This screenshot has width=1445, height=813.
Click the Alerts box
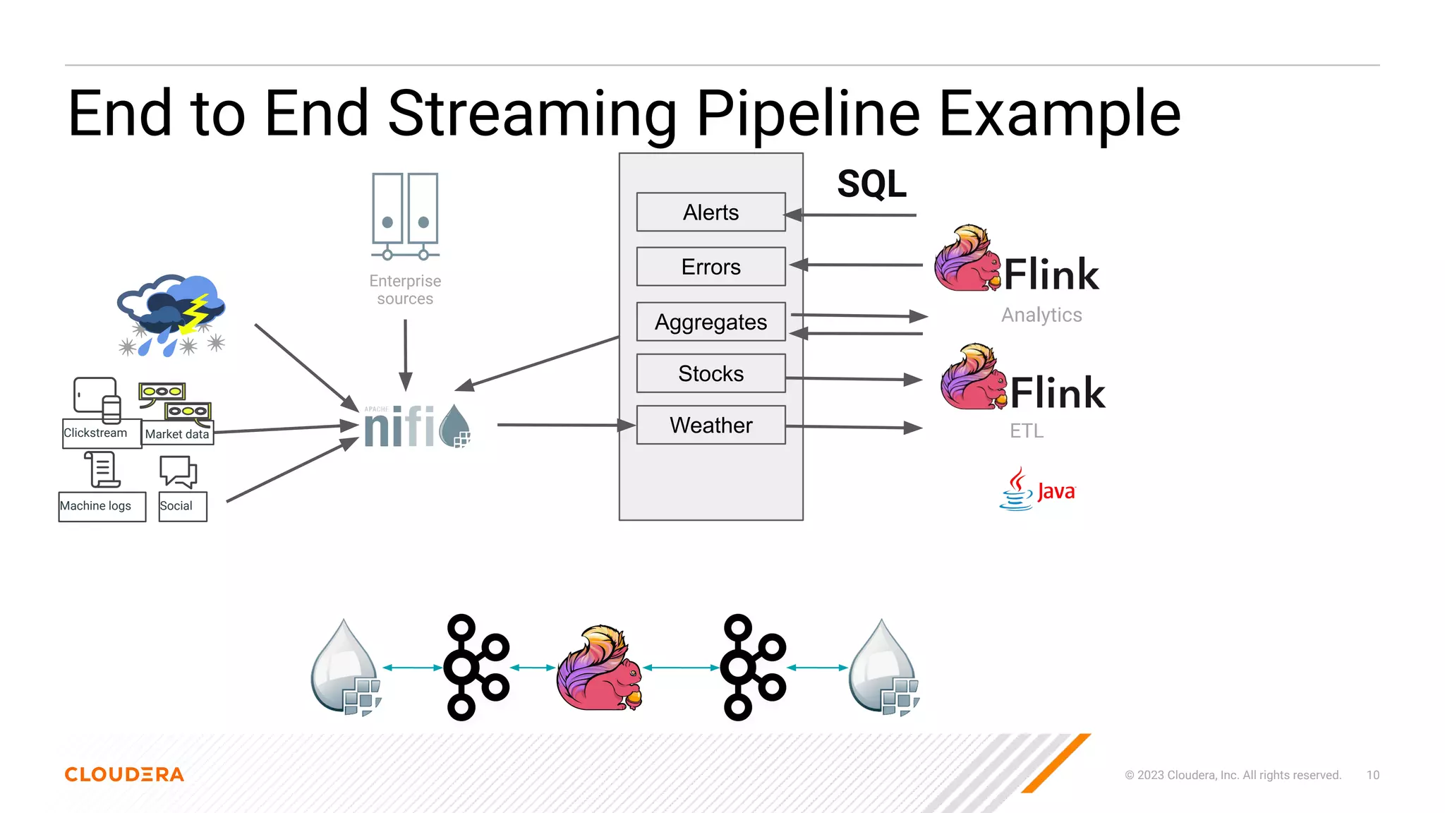(x=711, y=212)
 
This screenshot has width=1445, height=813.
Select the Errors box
(x=711, y=267)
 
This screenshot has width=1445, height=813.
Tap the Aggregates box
(x=711, y=322)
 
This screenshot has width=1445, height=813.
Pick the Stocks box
(x=711, y=373)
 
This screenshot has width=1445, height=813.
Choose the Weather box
(x=711, y=425)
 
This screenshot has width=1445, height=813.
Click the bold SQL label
(x=871, y=184)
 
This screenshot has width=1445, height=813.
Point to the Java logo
(x=1037, y=489)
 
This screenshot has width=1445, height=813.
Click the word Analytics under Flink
(x=1041, y=315)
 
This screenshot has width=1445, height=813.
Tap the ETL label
(x=1026, y=430)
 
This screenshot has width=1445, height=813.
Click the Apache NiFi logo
(x=416, y=426)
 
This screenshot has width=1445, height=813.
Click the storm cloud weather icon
(x=171, y=315)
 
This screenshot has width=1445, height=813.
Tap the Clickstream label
(x=95, y=433)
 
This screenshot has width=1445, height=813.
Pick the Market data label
(x=177, y=434)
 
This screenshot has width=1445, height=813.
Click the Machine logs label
(x=95, y=506)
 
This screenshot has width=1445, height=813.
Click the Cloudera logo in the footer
(x=124, y=774)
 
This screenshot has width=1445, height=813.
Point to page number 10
(x=1372, y=775)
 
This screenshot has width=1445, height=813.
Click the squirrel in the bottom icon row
(x=600, y=668)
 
